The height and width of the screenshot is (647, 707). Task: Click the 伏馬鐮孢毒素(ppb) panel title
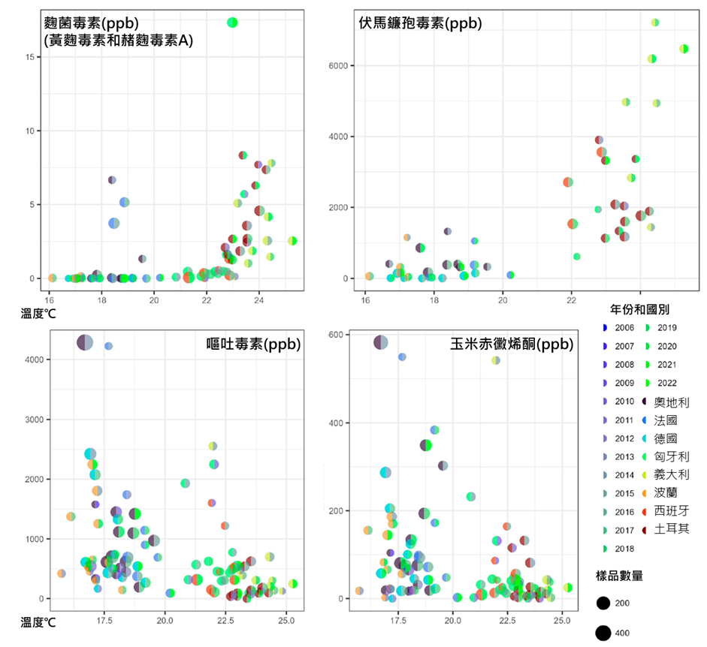coord(420,23)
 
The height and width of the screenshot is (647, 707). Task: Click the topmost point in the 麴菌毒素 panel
coord(232,23)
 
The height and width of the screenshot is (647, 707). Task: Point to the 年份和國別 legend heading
coord(639,308)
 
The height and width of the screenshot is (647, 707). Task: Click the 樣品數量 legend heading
coord(620,576)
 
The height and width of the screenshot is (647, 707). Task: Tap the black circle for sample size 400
coord(603,633)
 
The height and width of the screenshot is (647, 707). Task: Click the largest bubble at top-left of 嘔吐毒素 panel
coord(85,342)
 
